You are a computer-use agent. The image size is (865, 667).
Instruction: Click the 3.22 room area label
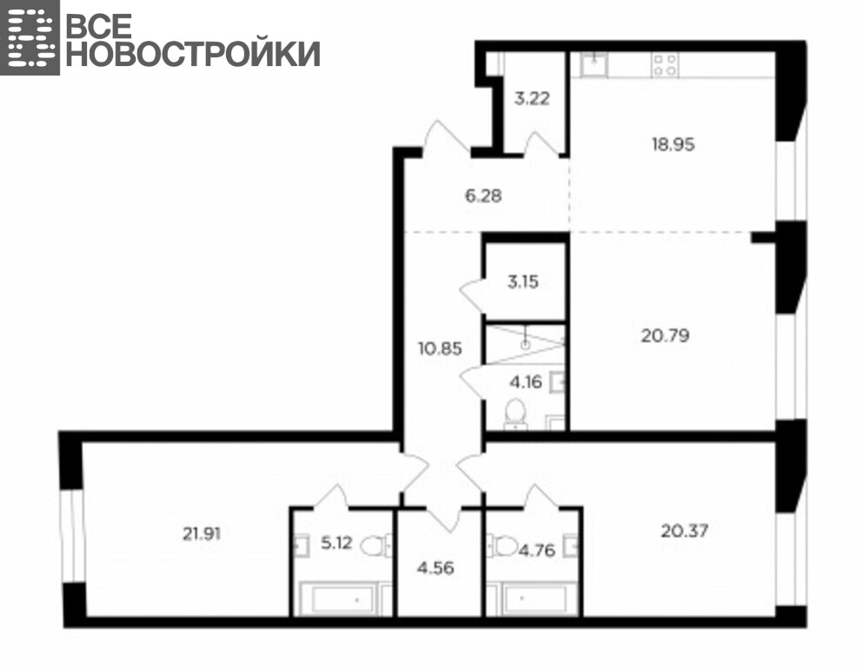pos(532,99)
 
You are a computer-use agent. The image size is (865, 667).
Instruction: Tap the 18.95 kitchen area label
pos(673,144)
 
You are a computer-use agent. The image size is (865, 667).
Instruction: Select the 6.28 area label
pos(483,195)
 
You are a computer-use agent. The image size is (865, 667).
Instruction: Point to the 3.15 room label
pos(523,281)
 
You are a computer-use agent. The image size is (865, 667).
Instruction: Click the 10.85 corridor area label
pos(440,349)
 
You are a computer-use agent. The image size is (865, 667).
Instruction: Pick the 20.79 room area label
pos(665,335)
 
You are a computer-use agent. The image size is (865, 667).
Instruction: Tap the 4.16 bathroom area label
pos(526,381)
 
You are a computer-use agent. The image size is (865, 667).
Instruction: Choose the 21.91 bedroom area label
pos(202,533)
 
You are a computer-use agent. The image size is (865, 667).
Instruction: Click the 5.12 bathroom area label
pos(336,543)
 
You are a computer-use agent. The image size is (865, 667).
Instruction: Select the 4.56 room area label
pos(436,568)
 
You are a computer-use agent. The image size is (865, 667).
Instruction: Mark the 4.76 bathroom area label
pos(536,550)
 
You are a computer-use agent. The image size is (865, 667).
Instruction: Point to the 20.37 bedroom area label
pos(684,531)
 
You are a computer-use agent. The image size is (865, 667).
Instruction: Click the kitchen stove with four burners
pos(665,64)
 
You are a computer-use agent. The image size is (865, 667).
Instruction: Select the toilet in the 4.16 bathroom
pos(516,414)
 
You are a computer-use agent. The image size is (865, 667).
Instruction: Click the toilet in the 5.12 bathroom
pos(376,546)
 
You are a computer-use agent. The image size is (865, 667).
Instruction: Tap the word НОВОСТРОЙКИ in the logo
pos(193,54)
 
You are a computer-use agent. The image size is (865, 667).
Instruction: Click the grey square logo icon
pos(30,37)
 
